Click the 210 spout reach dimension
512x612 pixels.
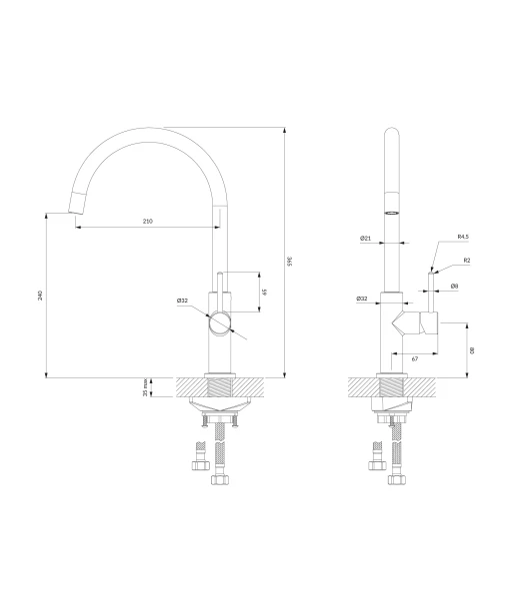[147, 222]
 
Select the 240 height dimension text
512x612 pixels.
[40, 296]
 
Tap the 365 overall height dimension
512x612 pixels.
[290, 261]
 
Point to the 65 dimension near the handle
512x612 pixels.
[265, 292]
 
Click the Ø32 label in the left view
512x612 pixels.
[182, 301]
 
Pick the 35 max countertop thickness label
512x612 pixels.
[145, 387]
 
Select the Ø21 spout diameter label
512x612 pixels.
[365, 238]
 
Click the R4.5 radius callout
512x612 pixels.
[463, 237]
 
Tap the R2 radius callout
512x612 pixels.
[467, 260]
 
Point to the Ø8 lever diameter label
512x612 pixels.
[454, 287]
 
